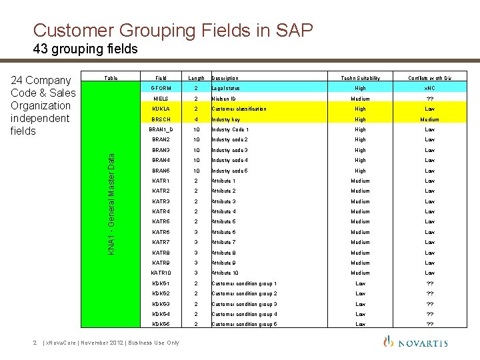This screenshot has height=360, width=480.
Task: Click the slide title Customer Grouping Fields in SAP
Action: (173, 30)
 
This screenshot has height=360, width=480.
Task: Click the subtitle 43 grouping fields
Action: (85, 49)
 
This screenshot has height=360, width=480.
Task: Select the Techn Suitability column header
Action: (360, 78)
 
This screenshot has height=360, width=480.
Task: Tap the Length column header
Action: (196, 78)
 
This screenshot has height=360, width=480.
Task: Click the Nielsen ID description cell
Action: (227, 99)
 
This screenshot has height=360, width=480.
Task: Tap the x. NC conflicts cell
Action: (430, 88)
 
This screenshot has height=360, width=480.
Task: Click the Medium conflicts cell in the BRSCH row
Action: (430, 119)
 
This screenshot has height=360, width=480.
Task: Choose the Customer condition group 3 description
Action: (244, 304)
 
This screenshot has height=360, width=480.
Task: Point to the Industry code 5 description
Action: (229, 171)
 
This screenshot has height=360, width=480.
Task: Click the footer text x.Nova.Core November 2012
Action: (110, 343)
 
